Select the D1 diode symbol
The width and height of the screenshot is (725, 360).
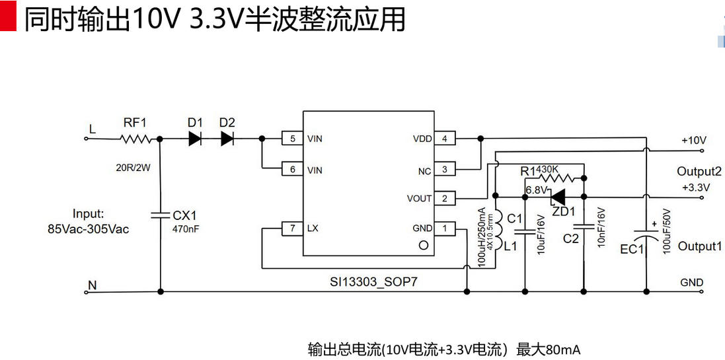[195, 139]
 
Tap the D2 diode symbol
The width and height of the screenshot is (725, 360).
[227, 139]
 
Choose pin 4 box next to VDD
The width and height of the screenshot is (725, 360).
[445, 139]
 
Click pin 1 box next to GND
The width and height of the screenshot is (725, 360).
[445, 228]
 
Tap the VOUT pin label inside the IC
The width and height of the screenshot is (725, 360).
[420, 198]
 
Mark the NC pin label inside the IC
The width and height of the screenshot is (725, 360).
[424, 170]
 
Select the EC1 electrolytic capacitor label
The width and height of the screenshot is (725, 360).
[631, 249]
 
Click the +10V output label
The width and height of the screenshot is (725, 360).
[694, 140]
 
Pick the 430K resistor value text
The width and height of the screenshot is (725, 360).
[547, 169]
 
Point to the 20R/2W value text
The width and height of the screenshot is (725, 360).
[134, 167]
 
